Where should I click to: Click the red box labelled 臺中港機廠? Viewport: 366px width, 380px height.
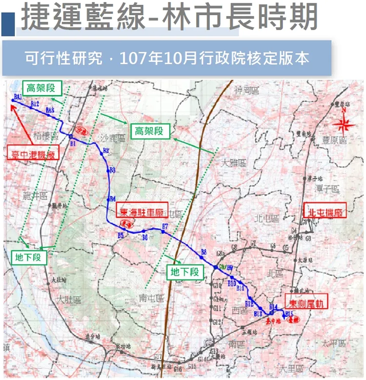(x=33, y=154)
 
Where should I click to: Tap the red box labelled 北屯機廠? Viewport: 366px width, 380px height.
(x=325, y=211)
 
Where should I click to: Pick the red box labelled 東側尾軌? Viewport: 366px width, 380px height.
(x=306, y=302)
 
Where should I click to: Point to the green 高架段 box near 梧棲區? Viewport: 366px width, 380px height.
(x=44, y=88)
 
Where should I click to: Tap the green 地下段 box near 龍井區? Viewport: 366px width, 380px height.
(x=29, y=257)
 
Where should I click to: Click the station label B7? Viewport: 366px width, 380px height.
(x=165, y=226)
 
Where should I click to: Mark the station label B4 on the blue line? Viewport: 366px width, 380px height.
(x=113, y=199)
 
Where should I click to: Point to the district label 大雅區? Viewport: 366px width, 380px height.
(x=233, y=163)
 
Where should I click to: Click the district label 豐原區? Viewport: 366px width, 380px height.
(x=336, y=140)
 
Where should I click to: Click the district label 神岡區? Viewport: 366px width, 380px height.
(x=245, y=90)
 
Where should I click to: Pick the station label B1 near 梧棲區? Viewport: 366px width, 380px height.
(x=72, y=144)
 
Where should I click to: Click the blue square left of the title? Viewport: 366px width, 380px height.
(x=8, y=25)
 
